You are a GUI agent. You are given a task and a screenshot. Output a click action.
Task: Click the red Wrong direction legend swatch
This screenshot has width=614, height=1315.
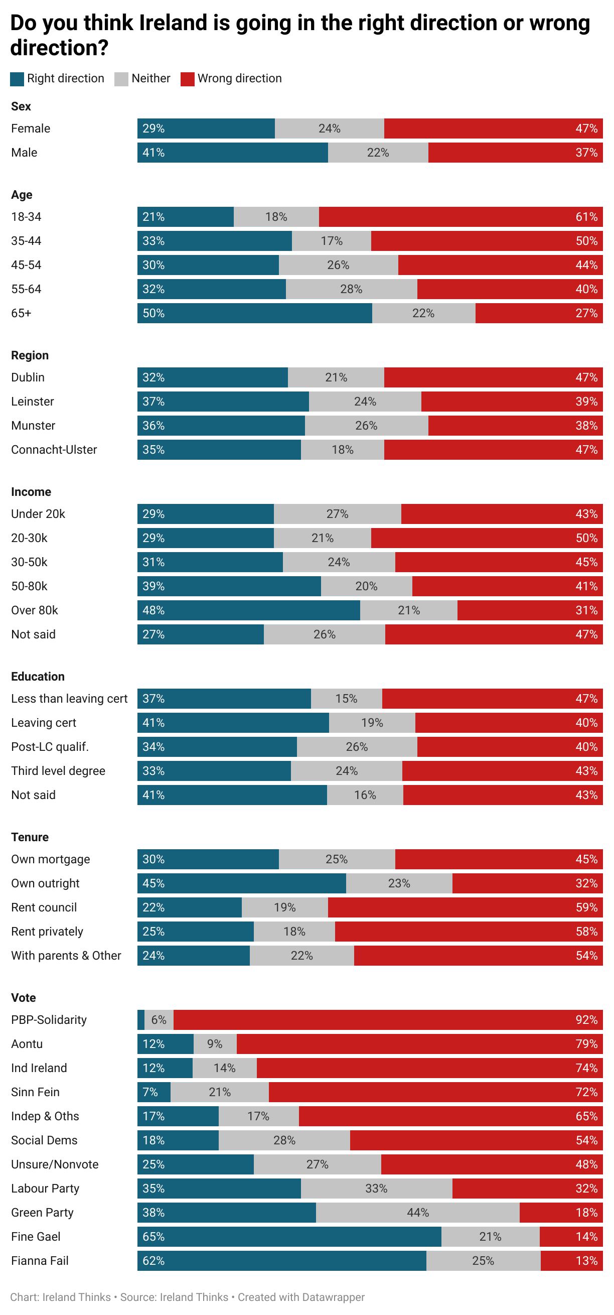(x=187, y=79)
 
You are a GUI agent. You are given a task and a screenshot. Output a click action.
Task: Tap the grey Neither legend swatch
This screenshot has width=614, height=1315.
(x=121, y=79)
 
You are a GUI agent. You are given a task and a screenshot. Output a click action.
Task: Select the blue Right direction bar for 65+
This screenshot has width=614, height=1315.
(x=254, y=313)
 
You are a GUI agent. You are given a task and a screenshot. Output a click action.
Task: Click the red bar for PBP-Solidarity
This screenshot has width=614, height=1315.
(x=388, y=1020)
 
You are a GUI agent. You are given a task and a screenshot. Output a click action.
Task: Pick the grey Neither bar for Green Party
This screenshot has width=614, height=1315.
(x=417, y=1213)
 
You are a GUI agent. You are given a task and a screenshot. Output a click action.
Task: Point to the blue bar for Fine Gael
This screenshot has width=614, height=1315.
(x=289, y=1236)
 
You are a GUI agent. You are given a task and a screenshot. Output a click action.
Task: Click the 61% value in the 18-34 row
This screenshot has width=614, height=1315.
(x=586, y=217)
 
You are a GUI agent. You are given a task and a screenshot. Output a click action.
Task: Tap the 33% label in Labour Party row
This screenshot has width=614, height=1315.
(x=376, y=1189)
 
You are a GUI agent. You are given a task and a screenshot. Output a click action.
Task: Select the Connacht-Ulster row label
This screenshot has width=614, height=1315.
(x=54, y=450)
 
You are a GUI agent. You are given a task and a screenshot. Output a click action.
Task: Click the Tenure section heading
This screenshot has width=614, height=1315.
(x=30, y=837)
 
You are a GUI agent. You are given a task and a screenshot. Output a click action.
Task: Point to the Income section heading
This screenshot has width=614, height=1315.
(x=31, y=492)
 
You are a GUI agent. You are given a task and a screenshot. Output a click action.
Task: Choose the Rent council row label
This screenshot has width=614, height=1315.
(x=44, y=907)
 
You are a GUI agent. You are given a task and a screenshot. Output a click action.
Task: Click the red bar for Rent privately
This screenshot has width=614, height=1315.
(x=469, y=932)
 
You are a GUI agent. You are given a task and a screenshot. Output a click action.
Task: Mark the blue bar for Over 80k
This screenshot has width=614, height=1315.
(x=249, y=610)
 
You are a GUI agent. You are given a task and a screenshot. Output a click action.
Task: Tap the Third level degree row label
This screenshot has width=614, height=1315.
(x=58, y=771)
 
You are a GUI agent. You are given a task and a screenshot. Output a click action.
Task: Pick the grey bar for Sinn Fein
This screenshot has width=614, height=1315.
(x=220, y=1092)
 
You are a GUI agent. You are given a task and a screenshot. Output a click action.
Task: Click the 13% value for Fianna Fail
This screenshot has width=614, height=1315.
(x=586, y=1261)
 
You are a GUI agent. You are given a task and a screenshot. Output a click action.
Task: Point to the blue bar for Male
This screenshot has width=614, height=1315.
(x=232, y=153)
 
